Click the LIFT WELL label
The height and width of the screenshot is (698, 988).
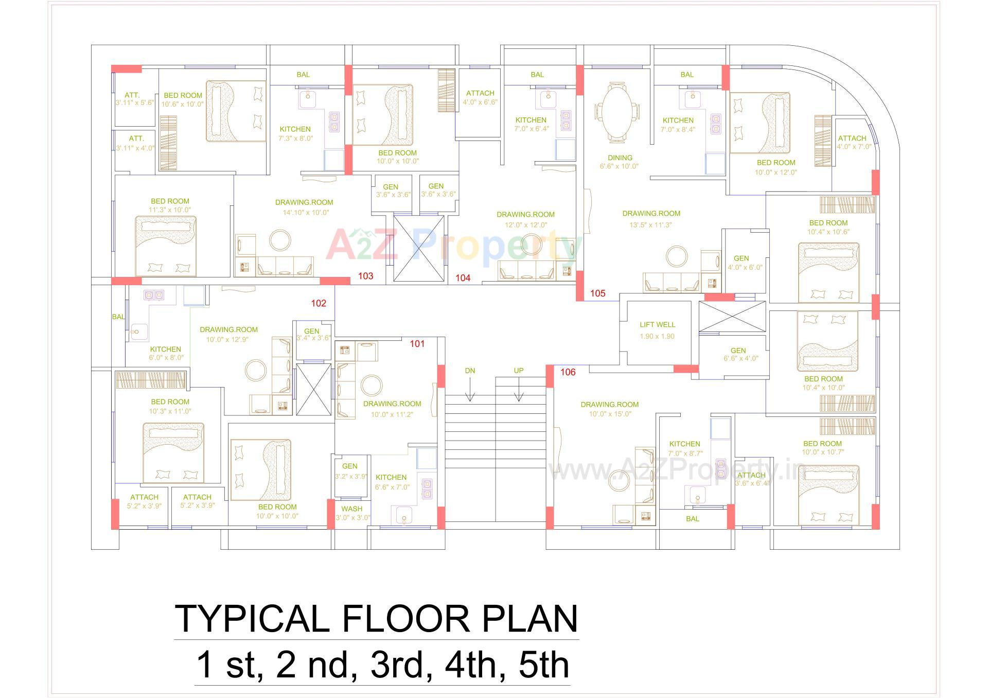(x=657, y=325)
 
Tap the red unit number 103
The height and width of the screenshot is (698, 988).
(x=365, y=276)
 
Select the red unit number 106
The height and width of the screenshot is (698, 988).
(x=568, y=372)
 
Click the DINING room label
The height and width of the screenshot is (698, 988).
(x=620, y=158)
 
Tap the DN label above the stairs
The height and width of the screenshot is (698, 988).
(x=470, y=371)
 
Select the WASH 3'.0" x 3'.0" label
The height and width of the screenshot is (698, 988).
(x=352, y=509)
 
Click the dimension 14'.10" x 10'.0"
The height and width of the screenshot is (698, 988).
(x=306, y=212)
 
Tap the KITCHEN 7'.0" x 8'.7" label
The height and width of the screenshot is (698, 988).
(x=684, y=444)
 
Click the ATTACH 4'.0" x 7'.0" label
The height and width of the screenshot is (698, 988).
(x=852, y=138)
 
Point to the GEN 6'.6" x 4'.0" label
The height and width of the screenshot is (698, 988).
(x=738, y=351)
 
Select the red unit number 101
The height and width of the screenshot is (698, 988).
(x=417, y=344)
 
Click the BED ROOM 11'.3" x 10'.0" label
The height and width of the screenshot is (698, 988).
(x=170, y=201)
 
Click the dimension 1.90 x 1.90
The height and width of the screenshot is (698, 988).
(x=657, y=336)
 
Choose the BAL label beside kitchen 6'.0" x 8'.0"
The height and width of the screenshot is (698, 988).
(x=118, y=317)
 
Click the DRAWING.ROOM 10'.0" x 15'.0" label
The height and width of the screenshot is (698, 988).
(x=609, y=405)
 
